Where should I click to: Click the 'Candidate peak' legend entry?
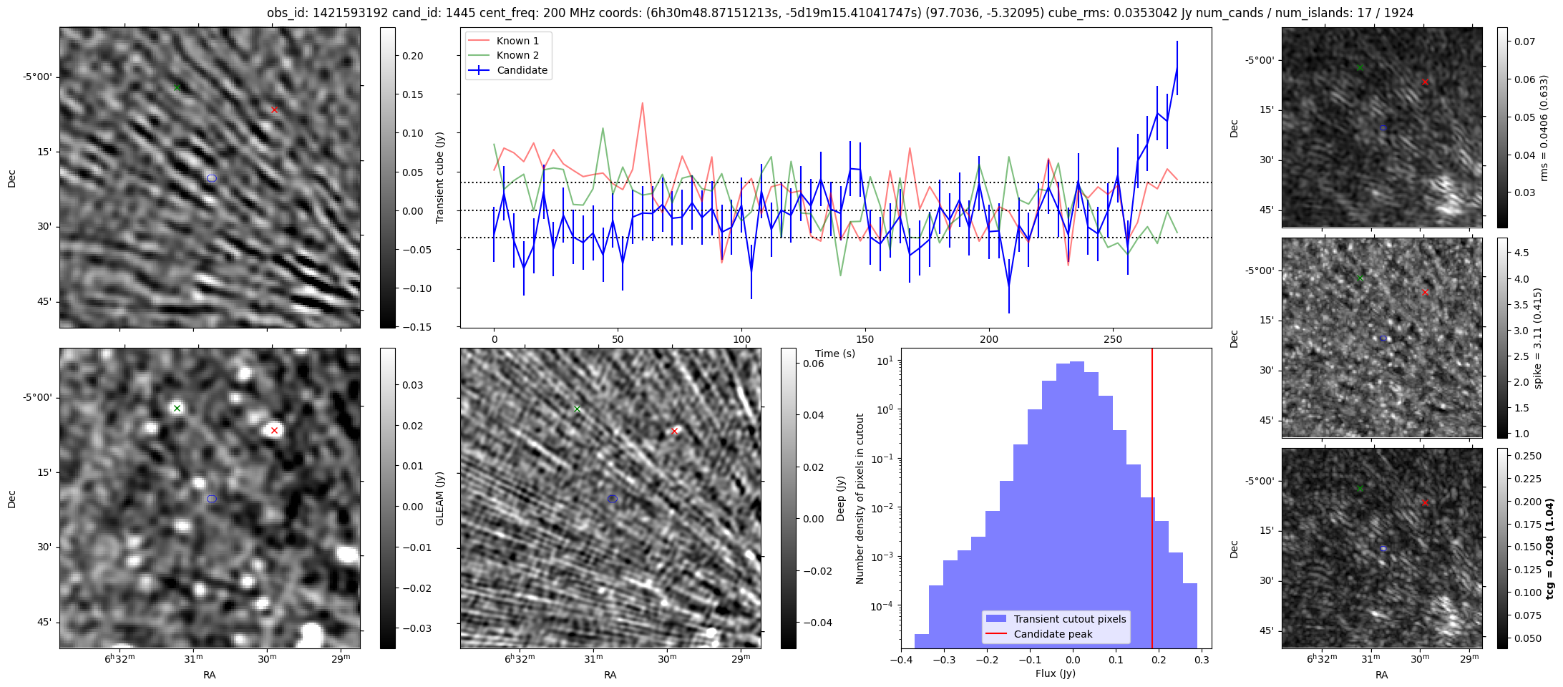1053,634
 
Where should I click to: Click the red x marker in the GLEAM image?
274,430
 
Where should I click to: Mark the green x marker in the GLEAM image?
177,408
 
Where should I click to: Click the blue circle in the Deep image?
612,499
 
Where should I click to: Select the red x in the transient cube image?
274,109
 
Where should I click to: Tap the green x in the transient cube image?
177,87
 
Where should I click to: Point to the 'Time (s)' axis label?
834,354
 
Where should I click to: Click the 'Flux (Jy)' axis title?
1055,673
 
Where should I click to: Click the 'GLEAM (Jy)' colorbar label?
439,498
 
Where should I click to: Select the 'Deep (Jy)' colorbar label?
840,498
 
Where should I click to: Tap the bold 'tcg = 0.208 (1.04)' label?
1549,548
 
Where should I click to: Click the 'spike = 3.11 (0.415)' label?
1537,338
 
